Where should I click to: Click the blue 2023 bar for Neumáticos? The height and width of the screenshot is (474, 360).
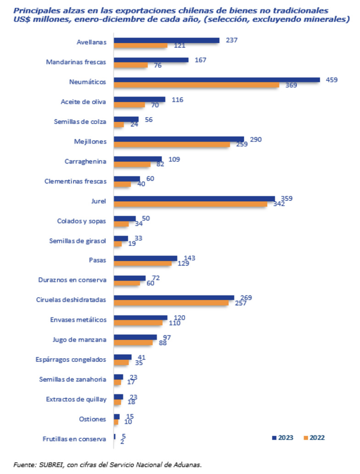217,79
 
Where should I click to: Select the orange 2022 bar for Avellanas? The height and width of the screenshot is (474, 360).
141,45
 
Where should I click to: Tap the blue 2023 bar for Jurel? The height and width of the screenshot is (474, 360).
194,199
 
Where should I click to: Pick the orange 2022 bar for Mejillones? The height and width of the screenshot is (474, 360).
172,144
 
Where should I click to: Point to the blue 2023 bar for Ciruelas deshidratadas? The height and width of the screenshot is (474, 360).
174,298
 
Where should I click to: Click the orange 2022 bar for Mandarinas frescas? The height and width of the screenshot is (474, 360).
131,65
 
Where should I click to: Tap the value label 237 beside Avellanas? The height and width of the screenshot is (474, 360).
232,40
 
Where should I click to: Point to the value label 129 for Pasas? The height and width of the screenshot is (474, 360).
183,263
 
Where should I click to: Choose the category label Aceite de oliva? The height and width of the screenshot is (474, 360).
84,102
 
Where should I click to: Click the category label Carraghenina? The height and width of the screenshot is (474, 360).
86,161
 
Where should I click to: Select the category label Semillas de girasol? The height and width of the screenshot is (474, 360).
78,240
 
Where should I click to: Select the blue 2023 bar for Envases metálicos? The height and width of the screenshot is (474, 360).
141,317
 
